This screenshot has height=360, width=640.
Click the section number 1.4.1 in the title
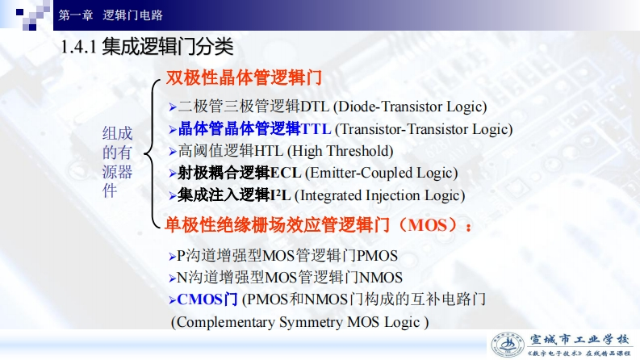click(x=78, y=47)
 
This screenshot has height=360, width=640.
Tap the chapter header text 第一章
click(x=76, y=15)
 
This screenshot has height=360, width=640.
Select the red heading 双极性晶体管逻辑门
click(x=244, y=77)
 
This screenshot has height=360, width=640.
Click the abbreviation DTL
click(x=315, y=107)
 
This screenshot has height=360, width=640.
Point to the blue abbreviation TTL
click(x=316, y=129)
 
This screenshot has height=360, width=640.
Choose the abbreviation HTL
click(x=269, y=152)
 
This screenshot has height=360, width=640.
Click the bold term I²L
click(x=280, y=195)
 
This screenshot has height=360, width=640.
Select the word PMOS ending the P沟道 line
click(x=377, y=256)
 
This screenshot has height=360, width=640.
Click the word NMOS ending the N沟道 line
click(x=381, y=278)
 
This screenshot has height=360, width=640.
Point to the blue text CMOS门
click(x=207, y=299)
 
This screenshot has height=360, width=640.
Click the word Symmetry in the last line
click(x=311, y=322)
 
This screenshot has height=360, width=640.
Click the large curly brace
click(x=152, y=154)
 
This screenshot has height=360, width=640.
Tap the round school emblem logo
click(x=508, y=345)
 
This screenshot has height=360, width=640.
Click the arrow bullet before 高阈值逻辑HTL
click(x=173, y=152)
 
